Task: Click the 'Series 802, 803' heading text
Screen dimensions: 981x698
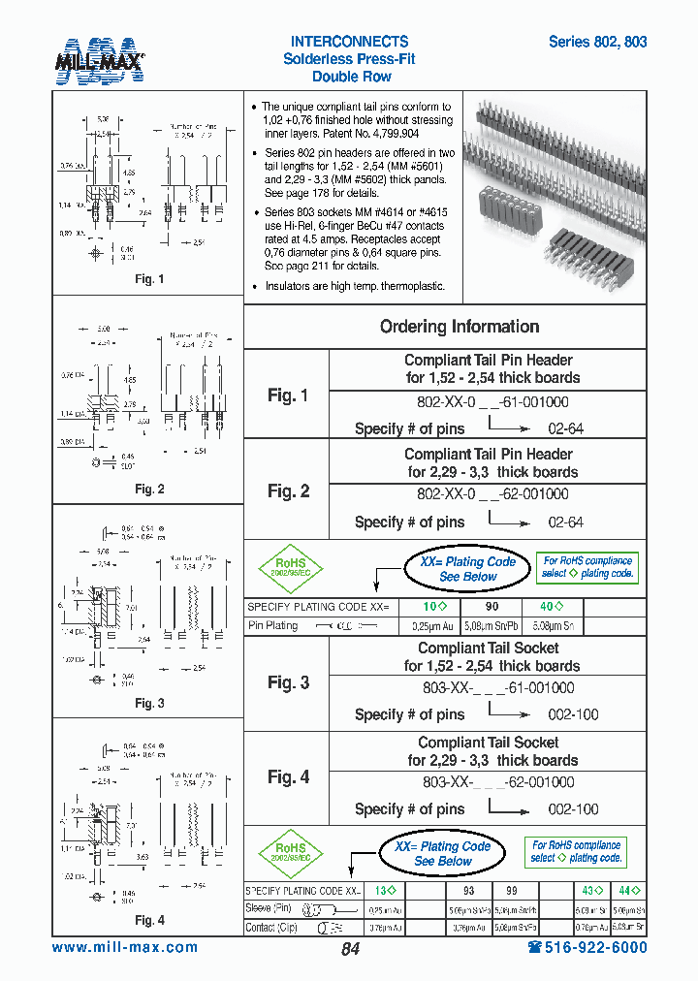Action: coord(597,43)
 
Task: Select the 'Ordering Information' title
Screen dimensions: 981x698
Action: coord(460,327)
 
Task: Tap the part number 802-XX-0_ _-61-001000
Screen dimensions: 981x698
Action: coord(492,401)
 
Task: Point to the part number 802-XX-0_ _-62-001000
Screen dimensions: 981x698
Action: coord(492,493)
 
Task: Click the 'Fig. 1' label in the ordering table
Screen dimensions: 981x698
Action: coord(288,396)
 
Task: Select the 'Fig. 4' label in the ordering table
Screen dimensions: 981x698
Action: coord(288,777)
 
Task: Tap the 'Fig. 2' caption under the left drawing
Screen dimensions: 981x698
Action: coord(149,490)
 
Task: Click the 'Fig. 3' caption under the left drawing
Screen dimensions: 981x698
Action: coord(149,704)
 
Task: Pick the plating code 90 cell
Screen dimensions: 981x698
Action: coord(492,607)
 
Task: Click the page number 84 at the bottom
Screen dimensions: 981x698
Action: coord(350,949)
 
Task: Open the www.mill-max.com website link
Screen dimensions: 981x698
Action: coord(124,948)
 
